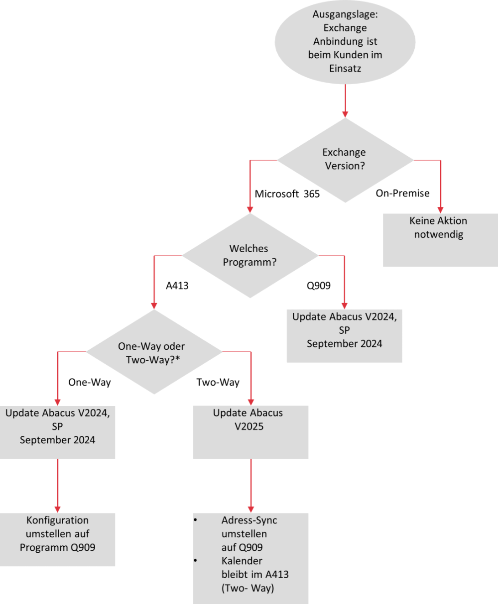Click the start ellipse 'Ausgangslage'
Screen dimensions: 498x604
click(345, 42)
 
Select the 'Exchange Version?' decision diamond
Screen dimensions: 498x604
click(345, 160)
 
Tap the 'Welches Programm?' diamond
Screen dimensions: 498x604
click(250, 256)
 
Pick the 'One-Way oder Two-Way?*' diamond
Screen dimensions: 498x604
click(154, 352)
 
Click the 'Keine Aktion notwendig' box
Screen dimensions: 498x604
click(440, 240)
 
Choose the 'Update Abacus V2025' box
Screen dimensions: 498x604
click(250, 432)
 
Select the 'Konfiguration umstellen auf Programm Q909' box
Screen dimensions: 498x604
click(58, 539)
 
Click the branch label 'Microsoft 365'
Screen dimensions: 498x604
click(287, 194)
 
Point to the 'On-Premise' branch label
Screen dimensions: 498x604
click(403, 193)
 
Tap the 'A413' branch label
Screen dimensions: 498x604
click(177, 286)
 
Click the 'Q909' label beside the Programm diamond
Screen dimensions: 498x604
click(319, 286)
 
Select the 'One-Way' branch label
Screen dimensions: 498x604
click(90, 383)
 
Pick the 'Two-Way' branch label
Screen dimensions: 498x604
click(218, 383)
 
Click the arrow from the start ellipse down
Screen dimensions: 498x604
click(345, 101)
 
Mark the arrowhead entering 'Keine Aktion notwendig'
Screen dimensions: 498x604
click(440, 210)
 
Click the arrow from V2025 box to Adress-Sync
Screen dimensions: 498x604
click(250, 486)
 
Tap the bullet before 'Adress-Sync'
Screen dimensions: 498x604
click(195, 520)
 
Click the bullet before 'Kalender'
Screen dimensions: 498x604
click(195, 561)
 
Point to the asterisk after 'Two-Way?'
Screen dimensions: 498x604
click(177, 358)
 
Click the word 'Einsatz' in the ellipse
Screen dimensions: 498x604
click(345, 69)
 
